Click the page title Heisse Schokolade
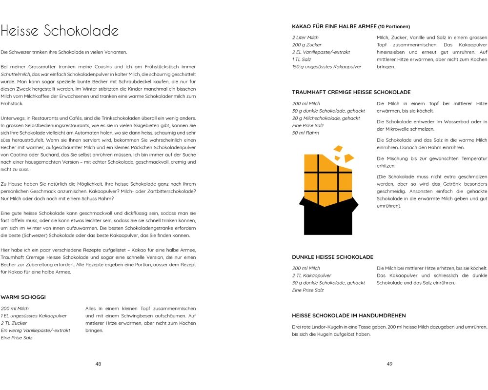point(60,31)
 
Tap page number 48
point(98,364)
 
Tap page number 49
point(389,364)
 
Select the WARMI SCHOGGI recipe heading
point(23,296)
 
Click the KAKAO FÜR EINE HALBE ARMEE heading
point(334,26)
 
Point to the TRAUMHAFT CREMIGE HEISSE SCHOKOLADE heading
point(351,92)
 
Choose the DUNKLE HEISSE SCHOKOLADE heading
point(333,257)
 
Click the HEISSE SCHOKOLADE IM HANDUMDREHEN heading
point(349,315)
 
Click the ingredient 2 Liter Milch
point(305,38)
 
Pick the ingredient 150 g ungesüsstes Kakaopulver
point(327,67)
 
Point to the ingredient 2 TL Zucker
point(14,323)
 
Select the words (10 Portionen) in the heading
point(394,26)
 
